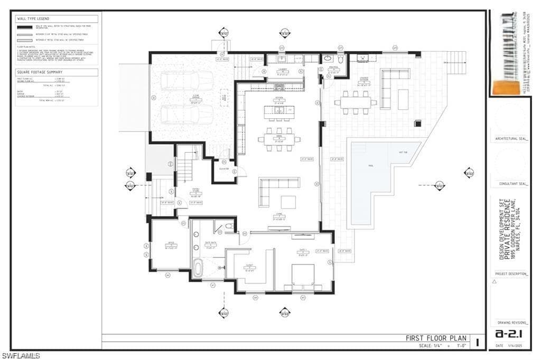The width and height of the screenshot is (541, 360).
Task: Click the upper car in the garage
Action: pos(187,81)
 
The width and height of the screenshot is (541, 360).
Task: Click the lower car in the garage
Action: pos(187,114)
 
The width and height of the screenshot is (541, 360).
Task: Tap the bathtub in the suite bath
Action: pos(198,267)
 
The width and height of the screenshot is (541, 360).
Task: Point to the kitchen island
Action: pos(279,110)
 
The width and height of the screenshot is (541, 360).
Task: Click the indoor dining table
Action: pos(279,139)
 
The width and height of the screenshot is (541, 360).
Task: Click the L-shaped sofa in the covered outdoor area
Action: pos(391,84)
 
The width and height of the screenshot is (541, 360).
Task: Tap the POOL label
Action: pos(371,165)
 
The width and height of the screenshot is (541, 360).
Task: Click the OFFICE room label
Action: pos(171,243)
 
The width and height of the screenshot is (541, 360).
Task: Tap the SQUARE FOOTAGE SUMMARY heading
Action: pos(40,72)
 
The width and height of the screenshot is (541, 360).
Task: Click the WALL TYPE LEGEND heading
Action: pos(33,18)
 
